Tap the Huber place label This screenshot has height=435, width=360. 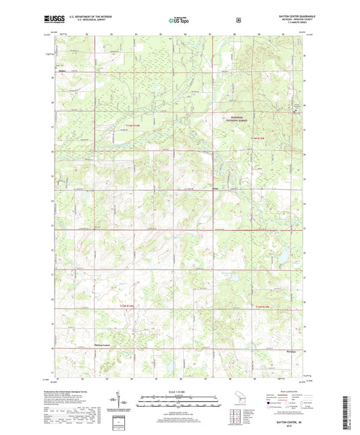(x=59, y=66)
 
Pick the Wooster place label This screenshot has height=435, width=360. (x=291, y=352)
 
